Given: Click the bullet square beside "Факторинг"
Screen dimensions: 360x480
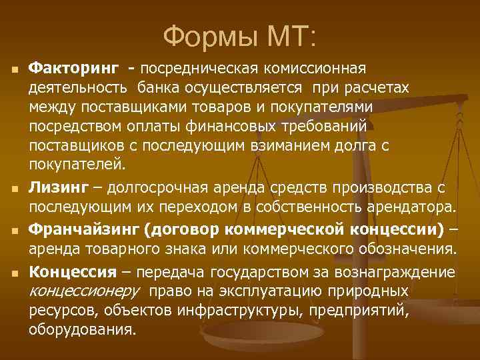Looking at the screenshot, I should pyautogui.click(x=13, y=69).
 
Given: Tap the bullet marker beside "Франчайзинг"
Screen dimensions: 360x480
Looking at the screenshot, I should pyautogui.click(x=13, y=231).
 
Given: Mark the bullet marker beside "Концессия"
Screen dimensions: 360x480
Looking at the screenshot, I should pyautogui.click(x=13, y=273).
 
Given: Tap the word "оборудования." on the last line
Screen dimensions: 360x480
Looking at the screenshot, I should pyautogui.click(x=82, y=329).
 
